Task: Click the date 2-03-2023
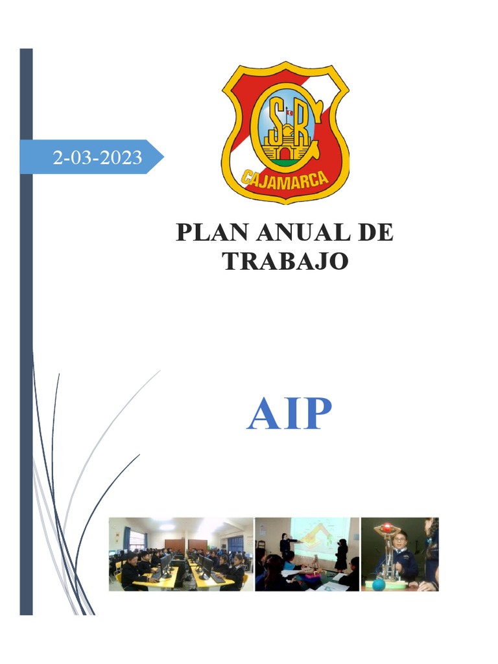pyautogui.click(x=97, y=158)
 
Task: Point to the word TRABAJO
pyautogui.click(x=285, y=261)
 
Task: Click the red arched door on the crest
pyautogui.click(x=285, y=154)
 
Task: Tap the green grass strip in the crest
pyautogui.click(x=285, y=160)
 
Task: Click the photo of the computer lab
pyautogui.click(x=180, y=554)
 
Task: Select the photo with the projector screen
pyautogui.click(x=307, y=554)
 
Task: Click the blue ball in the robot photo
pyautogui.click(x=379, y=584)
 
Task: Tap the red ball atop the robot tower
pyautogui.click(x=387, y=527)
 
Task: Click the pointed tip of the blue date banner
pyautogui.click(x=163, y=157)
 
